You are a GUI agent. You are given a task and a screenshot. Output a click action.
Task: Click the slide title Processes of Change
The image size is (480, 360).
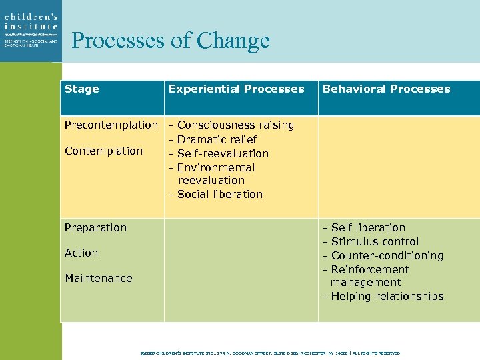click(171, 41)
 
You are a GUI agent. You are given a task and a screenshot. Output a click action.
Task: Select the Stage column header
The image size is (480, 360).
click(82, 89)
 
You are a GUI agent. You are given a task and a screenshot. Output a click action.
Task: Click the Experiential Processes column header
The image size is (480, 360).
click(236, 89)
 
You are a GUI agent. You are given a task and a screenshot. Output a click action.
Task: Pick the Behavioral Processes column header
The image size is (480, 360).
click(386, 89)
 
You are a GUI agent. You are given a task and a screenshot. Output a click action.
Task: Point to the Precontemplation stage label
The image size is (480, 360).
click(111, 125)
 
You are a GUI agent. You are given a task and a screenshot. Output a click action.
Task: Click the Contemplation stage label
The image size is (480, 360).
click(103, 151)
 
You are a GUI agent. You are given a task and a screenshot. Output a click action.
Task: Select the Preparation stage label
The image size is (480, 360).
click(95, 228)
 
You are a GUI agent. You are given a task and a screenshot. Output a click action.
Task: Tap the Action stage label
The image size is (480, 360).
click(81, 253)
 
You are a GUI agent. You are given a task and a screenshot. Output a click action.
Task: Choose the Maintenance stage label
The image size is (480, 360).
click(98, 279)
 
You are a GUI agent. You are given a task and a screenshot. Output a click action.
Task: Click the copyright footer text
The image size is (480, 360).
click(271, 353)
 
